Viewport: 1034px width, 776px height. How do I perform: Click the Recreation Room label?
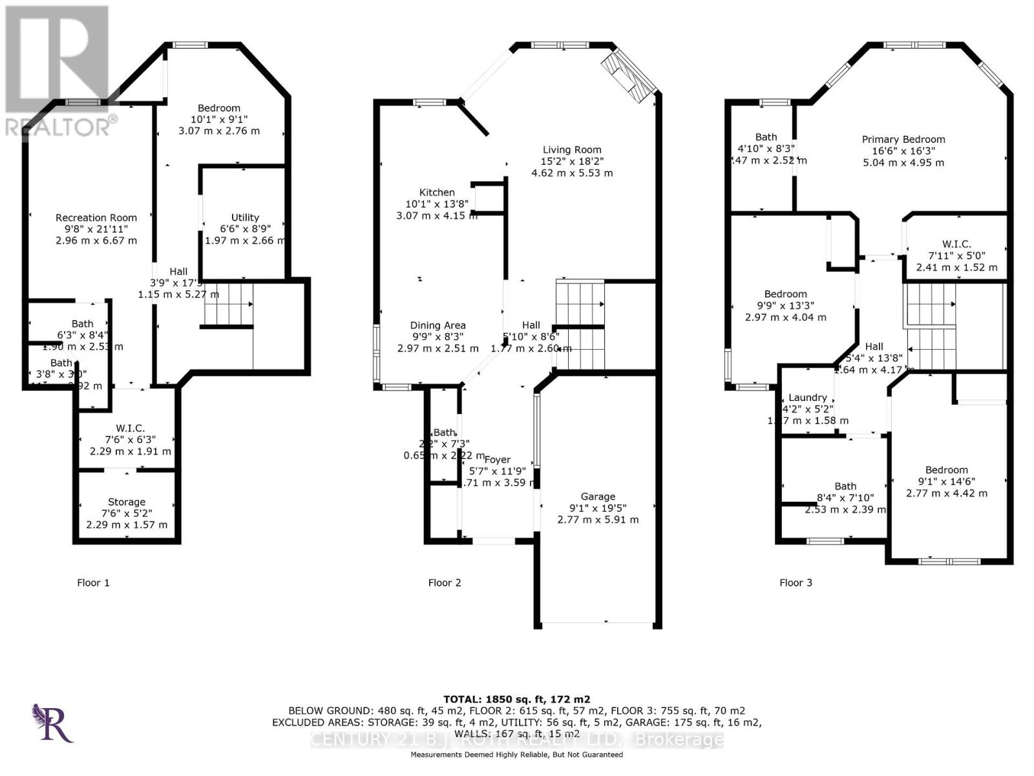(96, 218)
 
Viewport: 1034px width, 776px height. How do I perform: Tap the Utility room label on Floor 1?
(245, 217)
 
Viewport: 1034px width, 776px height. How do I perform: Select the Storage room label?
(127, 502)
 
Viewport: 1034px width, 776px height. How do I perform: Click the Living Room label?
(572, 149)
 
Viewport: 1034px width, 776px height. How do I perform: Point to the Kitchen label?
(437, 192)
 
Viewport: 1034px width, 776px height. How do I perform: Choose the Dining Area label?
(438, 325)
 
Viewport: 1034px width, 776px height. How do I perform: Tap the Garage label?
(598, 497)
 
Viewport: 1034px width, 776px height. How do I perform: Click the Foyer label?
(498, 460)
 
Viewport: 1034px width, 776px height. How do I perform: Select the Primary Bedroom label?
(903, 139)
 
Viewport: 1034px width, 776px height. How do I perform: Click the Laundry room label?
(808, 397)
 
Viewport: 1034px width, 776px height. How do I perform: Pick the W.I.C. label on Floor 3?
(956, 244)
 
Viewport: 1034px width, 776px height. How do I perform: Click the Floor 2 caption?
(445, 583)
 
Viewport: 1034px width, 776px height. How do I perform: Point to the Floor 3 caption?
(796, 583)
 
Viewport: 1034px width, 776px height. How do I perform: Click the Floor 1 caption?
(93, 583)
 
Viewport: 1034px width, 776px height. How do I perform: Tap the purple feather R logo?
(53, 723)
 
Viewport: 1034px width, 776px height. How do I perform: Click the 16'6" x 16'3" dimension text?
(903, 151)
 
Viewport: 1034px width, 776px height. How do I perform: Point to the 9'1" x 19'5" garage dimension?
(598, 508)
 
